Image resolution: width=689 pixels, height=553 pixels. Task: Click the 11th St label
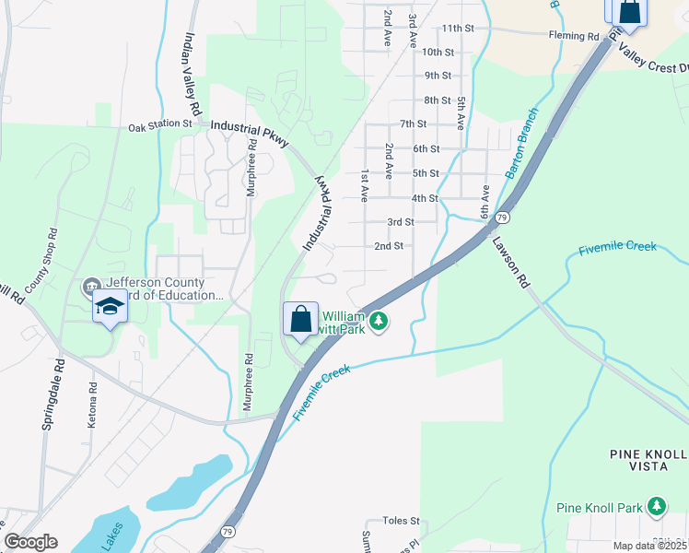tap(456, 29)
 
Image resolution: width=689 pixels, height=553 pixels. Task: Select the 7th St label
tap(413, 124)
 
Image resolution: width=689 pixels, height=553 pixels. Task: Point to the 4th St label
tap(425, 198)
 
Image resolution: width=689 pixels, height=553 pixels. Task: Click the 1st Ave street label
tap(365, 185)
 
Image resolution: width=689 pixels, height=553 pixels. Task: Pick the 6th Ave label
tap(485, 201)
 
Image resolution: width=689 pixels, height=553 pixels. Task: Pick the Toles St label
tap(402, 521)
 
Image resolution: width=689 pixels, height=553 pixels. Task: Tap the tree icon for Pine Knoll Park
tap(656, 506)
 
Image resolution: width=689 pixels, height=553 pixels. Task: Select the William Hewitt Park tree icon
tap(379, 322)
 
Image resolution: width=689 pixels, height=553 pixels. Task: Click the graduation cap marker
tap(110, 306)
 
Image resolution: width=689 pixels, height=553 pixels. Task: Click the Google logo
tap(30, 542)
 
